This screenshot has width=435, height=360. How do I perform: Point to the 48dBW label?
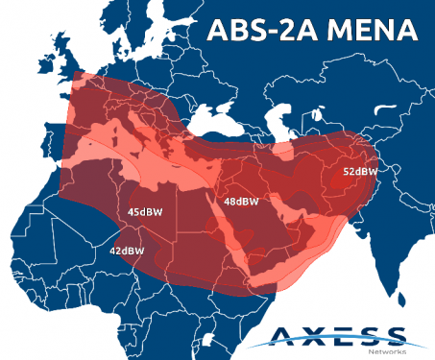pos(241,202)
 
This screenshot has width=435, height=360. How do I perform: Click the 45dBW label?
pos(144,211)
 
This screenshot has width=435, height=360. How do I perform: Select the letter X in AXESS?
pos(312,337)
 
